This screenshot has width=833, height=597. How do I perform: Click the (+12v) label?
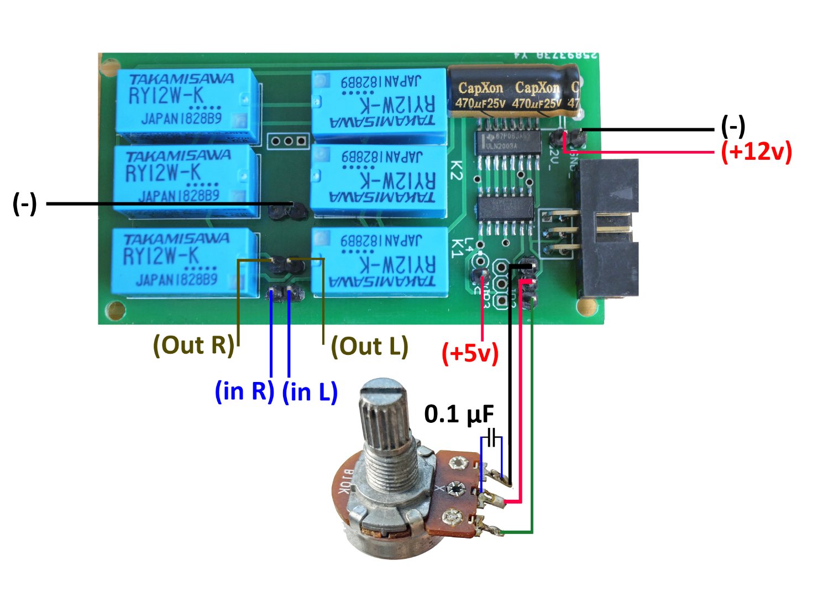coord(756,151)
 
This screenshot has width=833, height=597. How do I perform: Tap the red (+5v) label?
coord(470,353)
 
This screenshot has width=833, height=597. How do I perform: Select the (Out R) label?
coord(193,345)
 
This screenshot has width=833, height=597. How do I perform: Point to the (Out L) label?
coord(369,346)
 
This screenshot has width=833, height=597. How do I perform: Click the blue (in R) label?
coord(244,391)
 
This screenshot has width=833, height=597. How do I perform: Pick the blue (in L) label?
coord(310,392)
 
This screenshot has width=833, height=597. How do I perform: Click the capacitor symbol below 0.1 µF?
coord(491,434)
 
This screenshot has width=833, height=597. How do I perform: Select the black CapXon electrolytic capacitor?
coord(514,91)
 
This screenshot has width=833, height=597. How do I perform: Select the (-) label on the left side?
coord(24,204)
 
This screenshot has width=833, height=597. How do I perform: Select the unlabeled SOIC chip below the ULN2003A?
coord(505,208)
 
